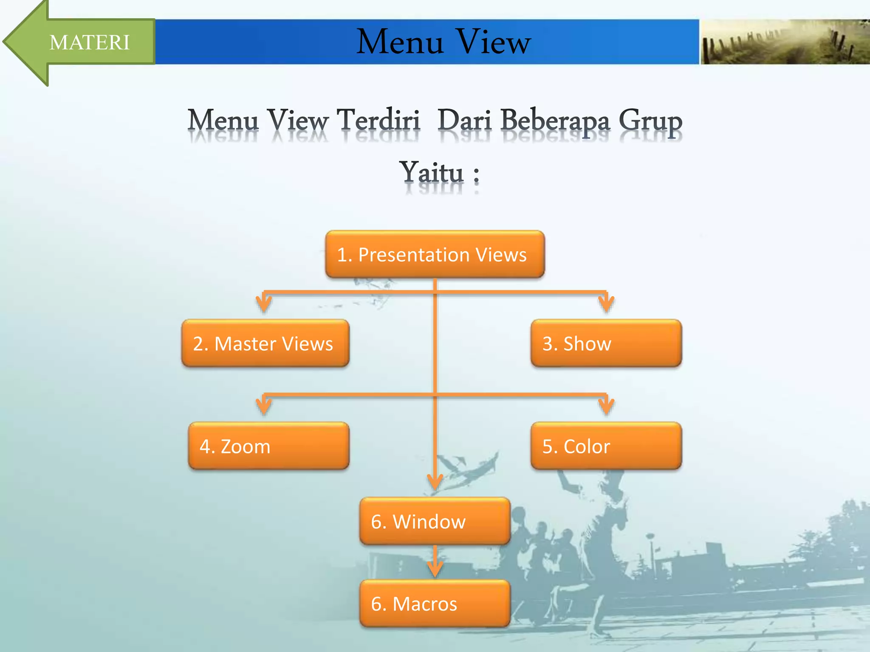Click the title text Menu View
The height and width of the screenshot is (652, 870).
(443, 42)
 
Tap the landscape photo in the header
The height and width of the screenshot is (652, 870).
(784, 42)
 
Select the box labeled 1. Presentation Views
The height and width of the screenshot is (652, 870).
(435, 255)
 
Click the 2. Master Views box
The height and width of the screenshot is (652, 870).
(265, 343)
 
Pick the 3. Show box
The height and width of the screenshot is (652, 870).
(606, 343)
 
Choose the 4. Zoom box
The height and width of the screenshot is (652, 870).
(268, 446)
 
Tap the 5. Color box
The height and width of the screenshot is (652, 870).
(606, 446)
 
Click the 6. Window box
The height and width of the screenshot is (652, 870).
(435, 521)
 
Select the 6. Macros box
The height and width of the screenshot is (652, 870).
(435, 604)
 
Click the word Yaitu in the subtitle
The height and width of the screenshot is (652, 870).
(431, 173)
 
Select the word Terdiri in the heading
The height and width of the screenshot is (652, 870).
(378, 121)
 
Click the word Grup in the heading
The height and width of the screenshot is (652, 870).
(650, 121)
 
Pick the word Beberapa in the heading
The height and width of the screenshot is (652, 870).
(555, 121)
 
